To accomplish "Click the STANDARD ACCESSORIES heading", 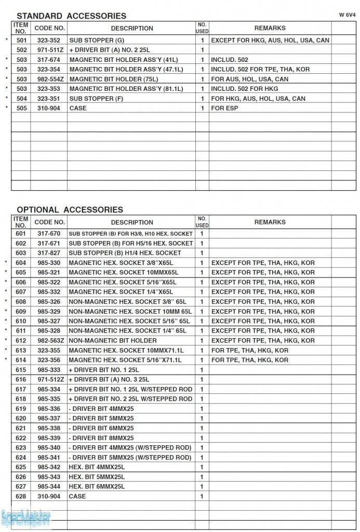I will coord(71,16).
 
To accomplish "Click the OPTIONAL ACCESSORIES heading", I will coord(70,209).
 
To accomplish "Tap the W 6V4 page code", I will coord(347,15).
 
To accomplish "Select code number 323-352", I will coord(48,40).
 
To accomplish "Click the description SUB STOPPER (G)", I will coord(97,40).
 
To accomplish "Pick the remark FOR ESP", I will coord(226,108).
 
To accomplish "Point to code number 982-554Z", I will coord(50,79).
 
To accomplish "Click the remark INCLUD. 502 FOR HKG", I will coord(244,89).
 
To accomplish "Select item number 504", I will coord(21,99).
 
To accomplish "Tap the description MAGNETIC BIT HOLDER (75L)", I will coord(113,79).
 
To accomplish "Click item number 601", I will coord(21,234).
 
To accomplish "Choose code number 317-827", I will coord(49,253).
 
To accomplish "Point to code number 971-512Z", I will coord(50,380).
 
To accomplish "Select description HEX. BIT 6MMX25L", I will coord(96,487).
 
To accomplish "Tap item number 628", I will coord(21,497).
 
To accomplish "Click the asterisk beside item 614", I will coord(7,360).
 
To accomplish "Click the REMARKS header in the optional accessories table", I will coord(270,222).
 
